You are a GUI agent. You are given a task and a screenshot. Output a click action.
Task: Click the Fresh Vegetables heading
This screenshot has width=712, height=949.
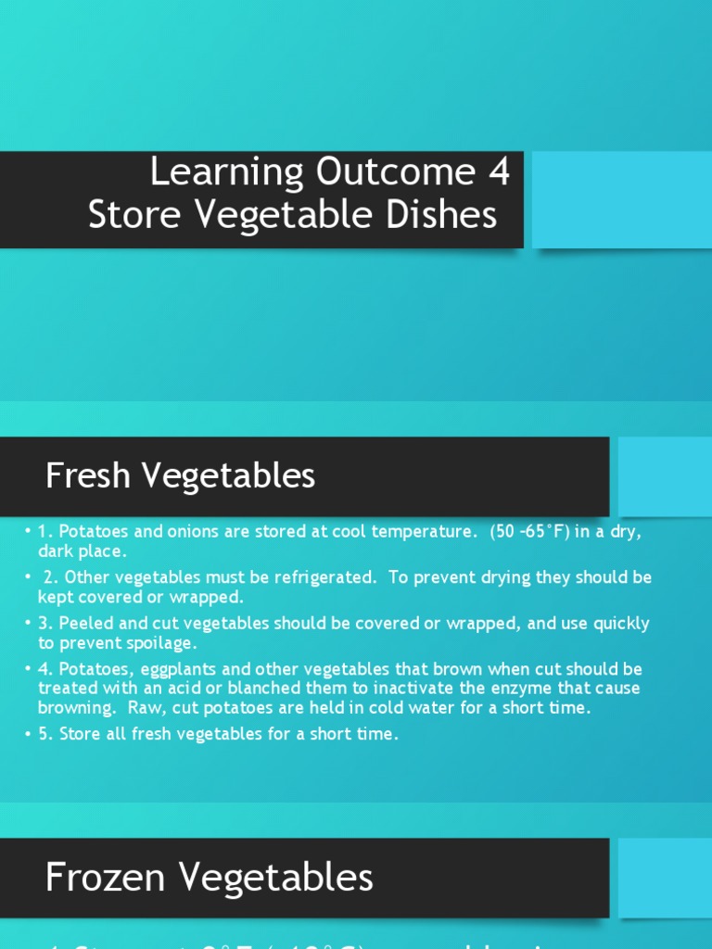tap(180, 476)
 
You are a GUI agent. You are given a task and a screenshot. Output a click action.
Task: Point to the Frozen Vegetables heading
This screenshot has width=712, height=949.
tap(209, 877)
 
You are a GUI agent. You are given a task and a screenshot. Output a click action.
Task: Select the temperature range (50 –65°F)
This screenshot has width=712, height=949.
tap(542, 532)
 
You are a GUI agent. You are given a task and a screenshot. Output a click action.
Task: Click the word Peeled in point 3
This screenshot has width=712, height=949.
tap(85, 624)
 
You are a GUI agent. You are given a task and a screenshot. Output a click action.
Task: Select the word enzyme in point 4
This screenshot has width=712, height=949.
tap(518, 688)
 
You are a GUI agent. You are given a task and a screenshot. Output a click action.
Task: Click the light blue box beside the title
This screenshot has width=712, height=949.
tap(621, 200)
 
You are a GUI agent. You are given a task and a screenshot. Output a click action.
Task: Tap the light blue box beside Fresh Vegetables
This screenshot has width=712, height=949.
tap(665, 476)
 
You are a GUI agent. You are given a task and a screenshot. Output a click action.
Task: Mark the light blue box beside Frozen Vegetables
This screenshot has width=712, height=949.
tap(665, 878)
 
